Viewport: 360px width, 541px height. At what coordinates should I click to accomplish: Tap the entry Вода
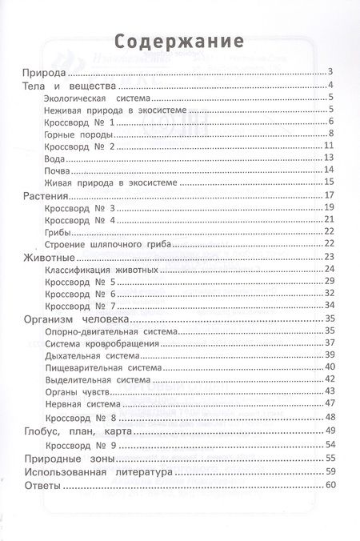[x=56, y=158]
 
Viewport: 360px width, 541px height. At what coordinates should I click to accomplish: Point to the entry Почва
[x=58, y=170]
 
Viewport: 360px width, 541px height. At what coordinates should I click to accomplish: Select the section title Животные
[x=50, y=256]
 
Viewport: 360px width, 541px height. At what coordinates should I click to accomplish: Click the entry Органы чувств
[x=80, y=391]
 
